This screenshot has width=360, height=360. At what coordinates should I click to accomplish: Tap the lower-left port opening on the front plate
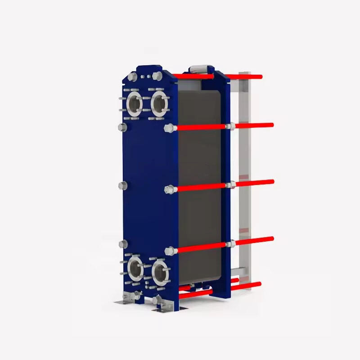135,270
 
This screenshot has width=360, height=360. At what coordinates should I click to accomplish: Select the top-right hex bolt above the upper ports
157,76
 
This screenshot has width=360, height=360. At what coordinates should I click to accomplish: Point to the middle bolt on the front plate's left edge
122,185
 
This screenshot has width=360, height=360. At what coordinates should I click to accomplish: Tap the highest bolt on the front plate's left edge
121,127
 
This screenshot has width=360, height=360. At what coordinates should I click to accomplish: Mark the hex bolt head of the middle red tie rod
169,189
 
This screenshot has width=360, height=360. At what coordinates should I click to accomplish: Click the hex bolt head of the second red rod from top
169,129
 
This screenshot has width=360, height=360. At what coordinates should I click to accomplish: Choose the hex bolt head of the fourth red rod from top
169,251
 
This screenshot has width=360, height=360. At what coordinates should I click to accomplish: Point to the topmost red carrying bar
243,77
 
